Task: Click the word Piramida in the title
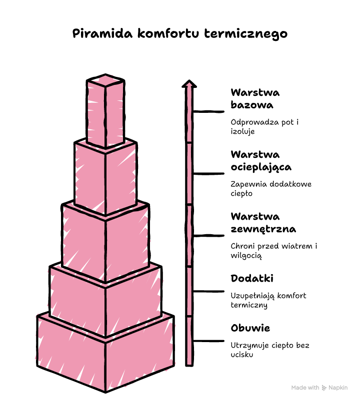[x=102, y=33]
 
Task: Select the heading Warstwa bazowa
[x=255, y=99]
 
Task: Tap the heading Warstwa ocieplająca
[x=261, y=161]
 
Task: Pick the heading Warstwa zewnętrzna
[x=263, y=223]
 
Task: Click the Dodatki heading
[x=252, y=279]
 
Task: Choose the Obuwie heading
[x=250, y=328]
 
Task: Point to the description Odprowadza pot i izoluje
[x=264, y=127]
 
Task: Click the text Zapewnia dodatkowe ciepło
[x=271, y=189]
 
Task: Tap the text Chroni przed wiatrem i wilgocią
[x=273, y=251]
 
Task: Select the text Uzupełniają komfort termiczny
[x=268, y=300]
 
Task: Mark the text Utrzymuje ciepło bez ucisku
[x=270, y=350]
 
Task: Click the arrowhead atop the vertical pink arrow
[x=189, y=84]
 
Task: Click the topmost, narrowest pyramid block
[x=105, y=111]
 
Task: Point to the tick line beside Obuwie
[x=209, y=341]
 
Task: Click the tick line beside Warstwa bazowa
[x=209, y=111]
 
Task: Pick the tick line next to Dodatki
[x=209, y=292]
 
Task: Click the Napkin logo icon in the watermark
[x=324, y=388]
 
